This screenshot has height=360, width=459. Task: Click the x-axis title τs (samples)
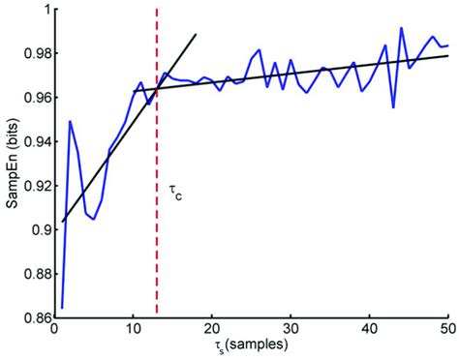point(251,345)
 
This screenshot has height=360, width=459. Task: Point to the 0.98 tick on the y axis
point(36,53)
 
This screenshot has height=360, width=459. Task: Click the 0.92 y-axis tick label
point(36,186)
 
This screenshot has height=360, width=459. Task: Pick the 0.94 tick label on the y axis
point(36,141)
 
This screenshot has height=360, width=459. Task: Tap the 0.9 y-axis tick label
point(40,229)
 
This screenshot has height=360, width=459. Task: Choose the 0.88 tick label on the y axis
point(36,274)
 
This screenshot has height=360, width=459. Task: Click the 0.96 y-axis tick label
point(36,98)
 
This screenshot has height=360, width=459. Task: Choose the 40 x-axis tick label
point(369,330)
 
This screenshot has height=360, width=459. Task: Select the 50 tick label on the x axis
point(446,330)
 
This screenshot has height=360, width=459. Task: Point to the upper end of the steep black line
point(197,35)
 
